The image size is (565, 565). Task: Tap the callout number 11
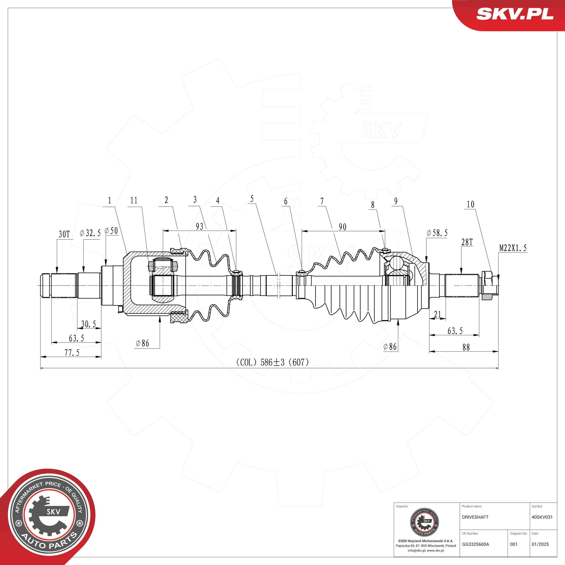[134, 200]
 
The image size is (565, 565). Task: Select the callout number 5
[252, 199]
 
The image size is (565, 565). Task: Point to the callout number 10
[470, 204]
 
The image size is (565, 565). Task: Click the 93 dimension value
[200, 226]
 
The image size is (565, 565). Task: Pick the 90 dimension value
[342, 227]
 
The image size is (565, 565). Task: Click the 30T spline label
[64, 234]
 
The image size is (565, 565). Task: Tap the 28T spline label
[467, 242]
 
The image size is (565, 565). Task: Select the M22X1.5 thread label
[513, 248]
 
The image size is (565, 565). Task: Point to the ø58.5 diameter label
[437, 233]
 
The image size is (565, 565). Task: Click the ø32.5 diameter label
[90, 233]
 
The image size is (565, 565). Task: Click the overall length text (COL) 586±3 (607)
[273, 362]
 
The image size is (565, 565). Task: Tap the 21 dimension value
[437, 314]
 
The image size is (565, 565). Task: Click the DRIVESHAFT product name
[475, 517]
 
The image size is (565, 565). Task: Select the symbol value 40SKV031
[542, 517]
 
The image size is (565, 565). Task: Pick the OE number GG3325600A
[476, 544]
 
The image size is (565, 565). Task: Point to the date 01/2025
[540, 544]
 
